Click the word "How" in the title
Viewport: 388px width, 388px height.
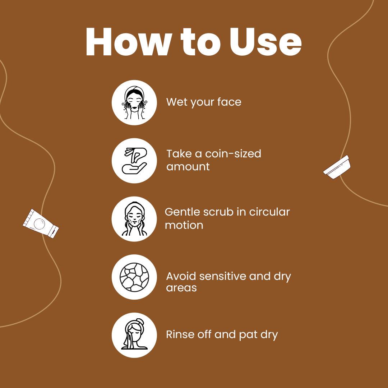pos(129,42)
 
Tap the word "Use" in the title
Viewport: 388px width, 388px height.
pos(265,42)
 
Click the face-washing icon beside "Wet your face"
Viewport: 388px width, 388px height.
pos(134,102)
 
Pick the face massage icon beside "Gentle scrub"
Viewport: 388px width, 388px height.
pos(134,219)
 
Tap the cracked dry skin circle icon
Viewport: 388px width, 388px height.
pos(134,277)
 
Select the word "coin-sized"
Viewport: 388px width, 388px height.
pos(233,154)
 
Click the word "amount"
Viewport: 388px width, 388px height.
pos(188,167)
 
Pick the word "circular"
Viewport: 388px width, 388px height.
pos(269,212)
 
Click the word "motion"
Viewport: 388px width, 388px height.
pos(184,225)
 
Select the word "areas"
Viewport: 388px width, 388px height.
pos(181,288)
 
